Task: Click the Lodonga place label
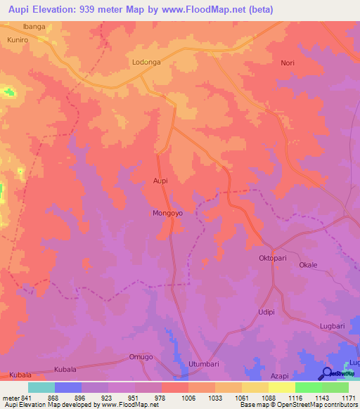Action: click(146, 63)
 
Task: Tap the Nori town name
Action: click(288, 63)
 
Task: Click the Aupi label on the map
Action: click(161, 181)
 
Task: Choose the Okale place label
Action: click(308, 266)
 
